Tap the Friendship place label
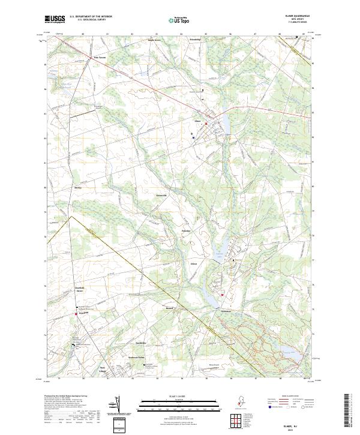[194, 40]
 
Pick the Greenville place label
[161, 196]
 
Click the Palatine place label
[186, 230]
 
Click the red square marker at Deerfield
[76, 313]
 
